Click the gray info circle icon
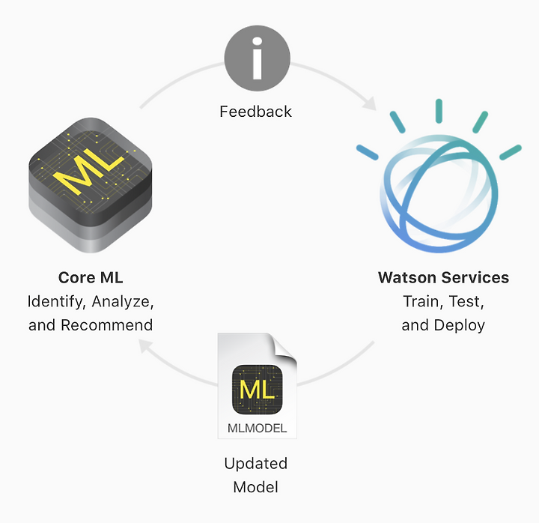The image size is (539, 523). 257,58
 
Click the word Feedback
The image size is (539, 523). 255,112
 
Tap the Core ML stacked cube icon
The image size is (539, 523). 91,185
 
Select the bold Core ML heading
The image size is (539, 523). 91,277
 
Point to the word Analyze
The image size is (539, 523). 122,302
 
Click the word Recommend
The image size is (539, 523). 106,325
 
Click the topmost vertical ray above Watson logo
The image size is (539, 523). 439,111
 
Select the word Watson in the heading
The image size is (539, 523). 407,277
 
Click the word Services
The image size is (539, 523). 475,277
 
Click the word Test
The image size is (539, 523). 466,302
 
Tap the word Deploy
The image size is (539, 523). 459,325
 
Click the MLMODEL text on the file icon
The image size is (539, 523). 257,428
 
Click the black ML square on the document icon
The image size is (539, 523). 257,390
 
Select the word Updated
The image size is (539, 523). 256,464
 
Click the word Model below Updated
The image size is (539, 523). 256,487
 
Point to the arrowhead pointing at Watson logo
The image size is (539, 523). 371,103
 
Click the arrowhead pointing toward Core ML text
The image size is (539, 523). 145,346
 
